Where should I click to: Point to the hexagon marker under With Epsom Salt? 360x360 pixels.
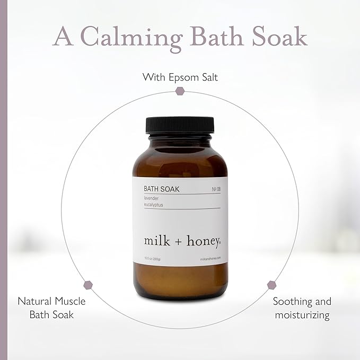(x=179, y=91)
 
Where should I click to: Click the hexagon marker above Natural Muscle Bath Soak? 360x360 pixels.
(x=88, y=284)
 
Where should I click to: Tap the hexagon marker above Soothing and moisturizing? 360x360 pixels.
(x=271, y=284)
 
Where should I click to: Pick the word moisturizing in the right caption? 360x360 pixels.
(x=302, y=315)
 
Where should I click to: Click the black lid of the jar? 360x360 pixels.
(x=180, y=125)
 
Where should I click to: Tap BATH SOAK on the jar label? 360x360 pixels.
(x=160, y=189)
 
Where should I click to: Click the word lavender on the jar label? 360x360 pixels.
(x=154, y=198)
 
